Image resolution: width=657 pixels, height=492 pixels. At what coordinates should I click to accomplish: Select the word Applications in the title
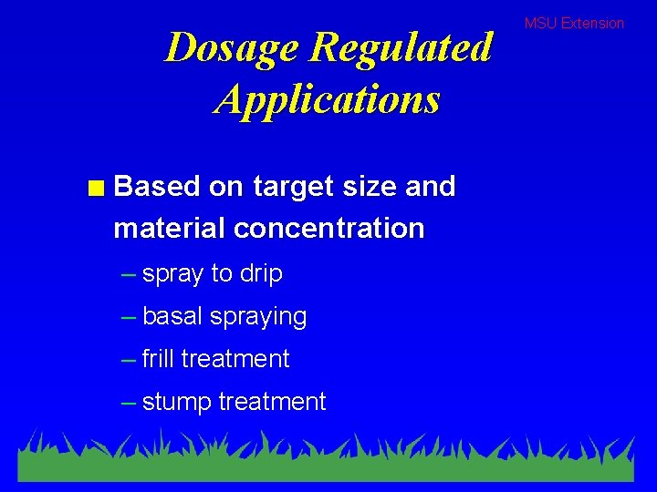[x=328, y=98]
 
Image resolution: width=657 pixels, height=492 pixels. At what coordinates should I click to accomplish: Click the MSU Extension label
[x=574, y=23]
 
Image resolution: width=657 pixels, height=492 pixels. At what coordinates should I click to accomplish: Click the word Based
[x=157, y=187]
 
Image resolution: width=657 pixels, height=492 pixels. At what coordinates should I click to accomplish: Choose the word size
[x=362, y=187]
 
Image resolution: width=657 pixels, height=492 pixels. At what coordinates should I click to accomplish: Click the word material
[x=170, y=228]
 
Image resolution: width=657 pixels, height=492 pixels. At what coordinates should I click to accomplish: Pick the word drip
[x=261, y=274]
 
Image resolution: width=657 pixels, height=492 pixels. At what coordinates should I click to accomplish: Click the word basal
[x=173, y=316]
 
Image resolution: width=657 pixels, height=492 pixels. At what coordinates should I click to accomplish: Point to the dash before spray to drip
[x=130, y=274]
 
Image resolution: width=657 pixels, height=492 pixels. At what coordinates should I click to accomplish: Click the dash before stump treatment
[x=130, y=402]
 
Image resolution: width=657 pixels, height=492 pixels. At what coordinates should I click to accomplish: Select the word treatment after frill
[x=235, y=359]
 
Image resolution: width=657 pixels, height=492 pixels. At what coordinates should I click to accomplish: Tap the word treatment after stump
[x=271, y=402]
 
